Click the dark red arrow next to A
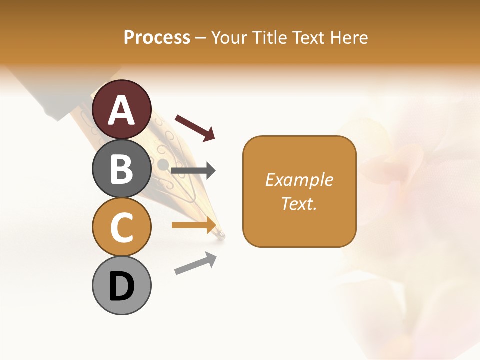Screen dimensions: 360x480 click(x=195, y=127)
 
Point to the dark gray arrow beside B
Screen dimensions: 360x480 click(x=193, y=171)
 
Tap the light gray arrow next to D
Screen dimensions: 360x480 click(x=195, y=264)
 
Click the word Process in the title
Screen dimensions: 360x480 click(x=157, y=37)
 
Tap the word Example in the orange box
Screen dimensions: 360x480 click(x=299, y=179)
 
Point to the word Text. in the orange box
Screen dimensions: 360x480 click(x=299, y=203)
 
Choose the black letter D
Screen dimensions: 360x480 click(x=122, y=287)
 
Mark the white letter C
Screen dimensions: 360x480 click(x=122, y=228)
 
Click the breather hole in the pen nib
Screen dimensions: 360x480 click(x=163, y=164)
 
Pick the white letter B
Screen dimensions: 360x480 click(x=122, y=169)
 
